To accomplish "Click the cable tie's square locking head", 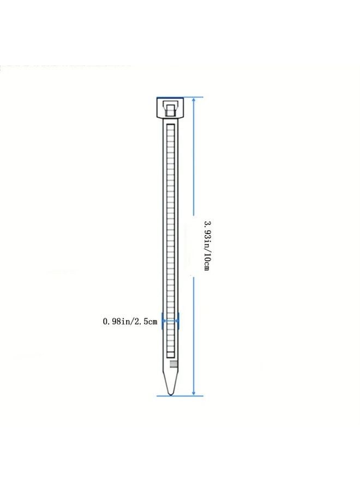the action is (x=170, y=107).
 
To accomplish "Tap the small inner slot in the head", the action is (x=170, y=111).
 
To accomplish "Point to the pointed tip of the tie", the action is (x=170, y=394).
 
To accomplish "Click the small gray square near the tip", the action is (x=173, y=364).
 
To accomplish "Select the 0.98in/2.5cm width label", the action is (x=130, y=321).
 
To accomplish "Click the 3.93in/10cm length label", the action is (x=207, y=246).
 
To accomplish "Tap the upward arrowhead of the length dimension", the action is (x=194, y=100).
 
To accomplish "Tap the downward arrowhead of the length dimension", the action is (x=194, y=392).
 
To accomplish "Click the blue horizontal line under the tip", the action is (x=179, y=396).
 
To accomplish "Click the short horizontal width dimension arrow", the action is (x=170, y=321).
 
